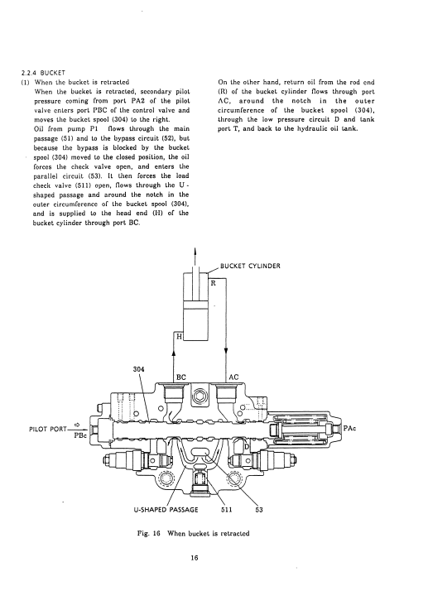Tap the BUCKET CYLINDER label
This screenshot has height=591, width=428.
point(250,266)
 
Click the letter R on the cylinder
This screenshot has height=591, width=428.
point(213,283)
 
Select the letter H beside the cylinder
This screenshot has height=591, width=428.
point(179,336)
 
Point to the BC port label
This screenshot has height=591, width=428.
point(181,377)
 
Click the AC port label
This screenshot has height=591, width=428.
point(233,377)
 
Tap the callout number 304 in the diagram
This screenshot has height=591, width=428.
point(139,369)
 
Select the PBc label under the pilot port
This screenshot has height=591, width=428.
point(80,435)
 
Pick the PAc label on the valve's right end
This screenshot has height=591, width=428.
point(350,429)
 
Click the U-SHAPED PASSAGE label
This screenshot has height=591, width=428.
point(166,510)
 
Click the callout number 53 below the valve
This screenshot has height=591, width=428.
point(259,510)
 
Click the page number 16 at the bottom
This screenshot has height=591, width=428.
point(195,558)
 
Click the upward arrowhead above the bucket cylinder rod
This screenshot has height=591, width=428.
point(195,251)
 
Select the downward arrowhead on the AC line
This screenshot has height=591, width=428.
point(226,350)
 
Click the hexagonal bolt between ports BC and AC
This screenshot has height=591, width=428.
point(199,396)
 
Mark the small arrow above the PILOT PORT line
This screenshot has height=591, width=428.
point(78,424)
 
